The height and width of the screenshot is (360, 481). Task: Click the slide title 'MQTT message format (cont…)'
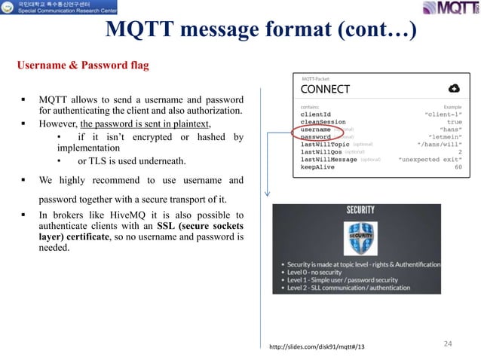[260, 30]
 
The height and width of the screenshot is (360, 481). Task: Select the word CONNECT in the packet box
[326, 89]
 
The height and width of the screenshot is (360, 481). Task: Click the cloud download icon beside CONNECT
[455, 88]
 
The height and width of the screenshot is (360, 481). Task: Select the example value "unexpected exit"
[430, 160]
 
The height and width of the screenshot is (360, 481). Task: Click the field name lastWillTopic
[325, 145]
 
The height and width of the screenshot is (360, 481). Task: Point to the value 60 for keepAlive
[458, 167]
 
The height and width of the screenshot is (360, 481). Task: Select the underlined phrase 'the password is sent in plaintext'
[146, 124]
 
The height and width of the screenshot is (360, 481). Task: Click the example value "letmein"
[445, 137]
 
